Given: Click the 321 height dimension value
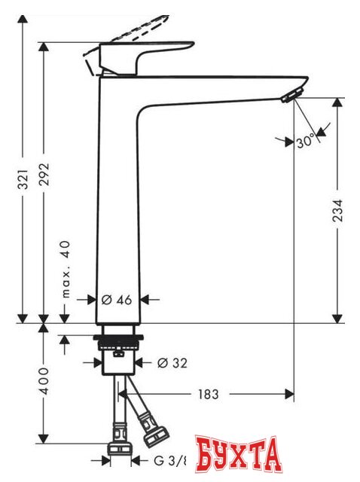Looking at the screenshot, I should pos(23,176).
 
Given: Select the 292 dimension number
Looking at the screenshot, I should pos(44,176).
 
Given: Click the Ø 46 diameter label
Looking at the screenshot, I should pos(117,300).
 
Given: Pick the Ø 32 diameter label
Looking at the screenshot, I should pos(172,363).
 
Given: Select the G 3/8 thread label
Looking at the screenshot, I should pos(172,459).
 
